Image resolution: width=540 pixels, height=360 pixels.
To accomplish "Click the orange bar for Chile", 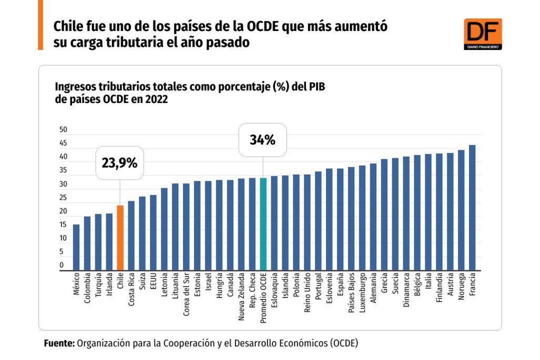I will (120, 238).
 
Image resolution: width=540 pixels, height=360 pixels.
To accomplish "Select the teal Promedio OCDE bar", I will (263, 224).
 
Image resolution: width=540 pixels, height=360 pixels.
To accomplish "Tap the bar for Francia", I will (472, 208).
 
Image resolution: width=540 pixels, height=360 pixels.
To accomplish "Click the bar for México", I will (76, 247).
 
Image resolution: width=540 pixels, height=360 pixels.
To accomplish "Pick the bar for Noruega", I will (461, 210).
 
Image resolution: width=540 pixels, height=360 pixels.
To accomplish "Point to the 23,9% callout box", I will (119, 163).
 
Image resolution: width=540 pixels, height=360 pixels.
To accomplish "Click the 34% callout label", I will (262, 140).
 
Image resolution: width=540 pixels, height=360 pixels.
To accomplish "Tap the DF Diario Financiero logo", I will (482, 34).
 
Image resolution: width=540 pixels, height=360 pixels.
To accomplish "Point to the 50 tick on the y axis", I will (64, 129).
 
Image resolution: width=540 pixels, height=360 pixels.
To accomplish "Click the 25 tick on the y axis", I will (64, 198).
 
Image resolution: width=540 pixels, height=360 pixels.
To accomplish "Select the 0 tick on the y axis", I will (62, 265).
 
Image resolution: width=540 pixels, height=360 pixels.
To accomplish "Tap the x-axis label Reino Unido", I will (307, 293).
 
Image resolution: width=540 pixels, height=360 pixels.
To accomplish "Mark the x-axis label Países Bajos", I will (351, 293).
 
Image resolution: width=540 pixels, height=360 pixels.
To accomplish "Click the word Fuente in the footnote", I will (58, 343).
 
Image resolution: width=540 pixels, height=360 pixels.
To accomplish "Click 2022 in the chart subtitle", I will (155, 99).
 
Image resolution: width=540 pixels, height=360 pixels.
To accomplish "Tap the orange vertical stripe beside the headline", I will (40, 25).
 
